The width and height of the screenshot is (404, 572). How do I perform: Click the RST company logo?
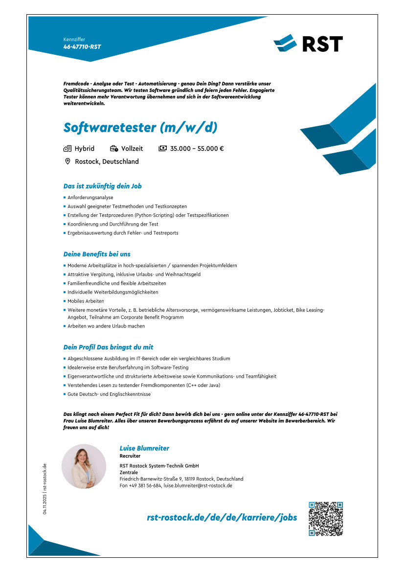[308, 43]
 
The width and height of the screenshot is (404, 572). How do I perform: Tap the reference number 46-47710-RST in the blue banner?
[82, 47]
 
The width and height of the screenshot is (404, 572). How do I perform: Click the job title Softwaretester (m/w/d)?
[140, 127]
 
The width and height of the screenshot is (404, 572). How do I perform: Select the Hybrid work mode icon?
[68, 149]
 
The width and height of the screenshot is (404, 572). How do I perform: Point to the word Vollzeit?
[132, 149]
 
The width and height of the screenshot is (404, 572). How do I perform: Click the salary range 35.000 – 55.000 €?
[197, 149]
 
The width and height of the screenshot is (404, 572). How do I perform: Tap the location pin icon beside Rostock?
[68, 161]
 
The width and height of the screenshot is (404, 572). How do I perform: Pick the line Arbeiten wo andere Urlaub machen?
[106, 326]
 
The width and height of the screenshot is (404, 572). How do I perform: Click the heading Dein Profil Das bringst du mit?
[109, 347]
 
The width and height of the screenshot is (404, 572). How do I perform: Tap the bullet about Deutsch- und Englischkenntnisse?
[109, 394]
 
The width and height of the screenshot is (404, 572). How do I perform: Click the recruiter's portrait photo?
[84, 466]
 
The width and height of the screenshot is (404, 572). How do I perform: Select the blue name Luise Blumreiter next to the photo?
[144, 448]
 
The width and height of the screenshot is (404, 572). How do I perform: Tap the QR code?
[326, 519]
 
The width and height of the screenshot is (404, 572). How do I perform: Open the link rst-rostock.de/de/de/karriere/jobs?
[222, 518]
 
